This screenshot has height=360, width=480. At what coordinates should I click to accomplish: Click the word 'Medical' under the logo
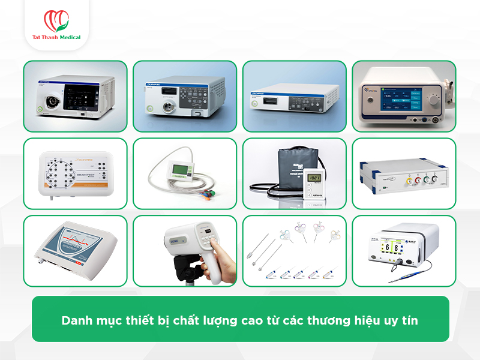point(69,37)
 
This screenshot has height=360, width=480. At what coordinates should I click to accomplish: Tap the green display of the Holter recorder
point(179,169)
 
